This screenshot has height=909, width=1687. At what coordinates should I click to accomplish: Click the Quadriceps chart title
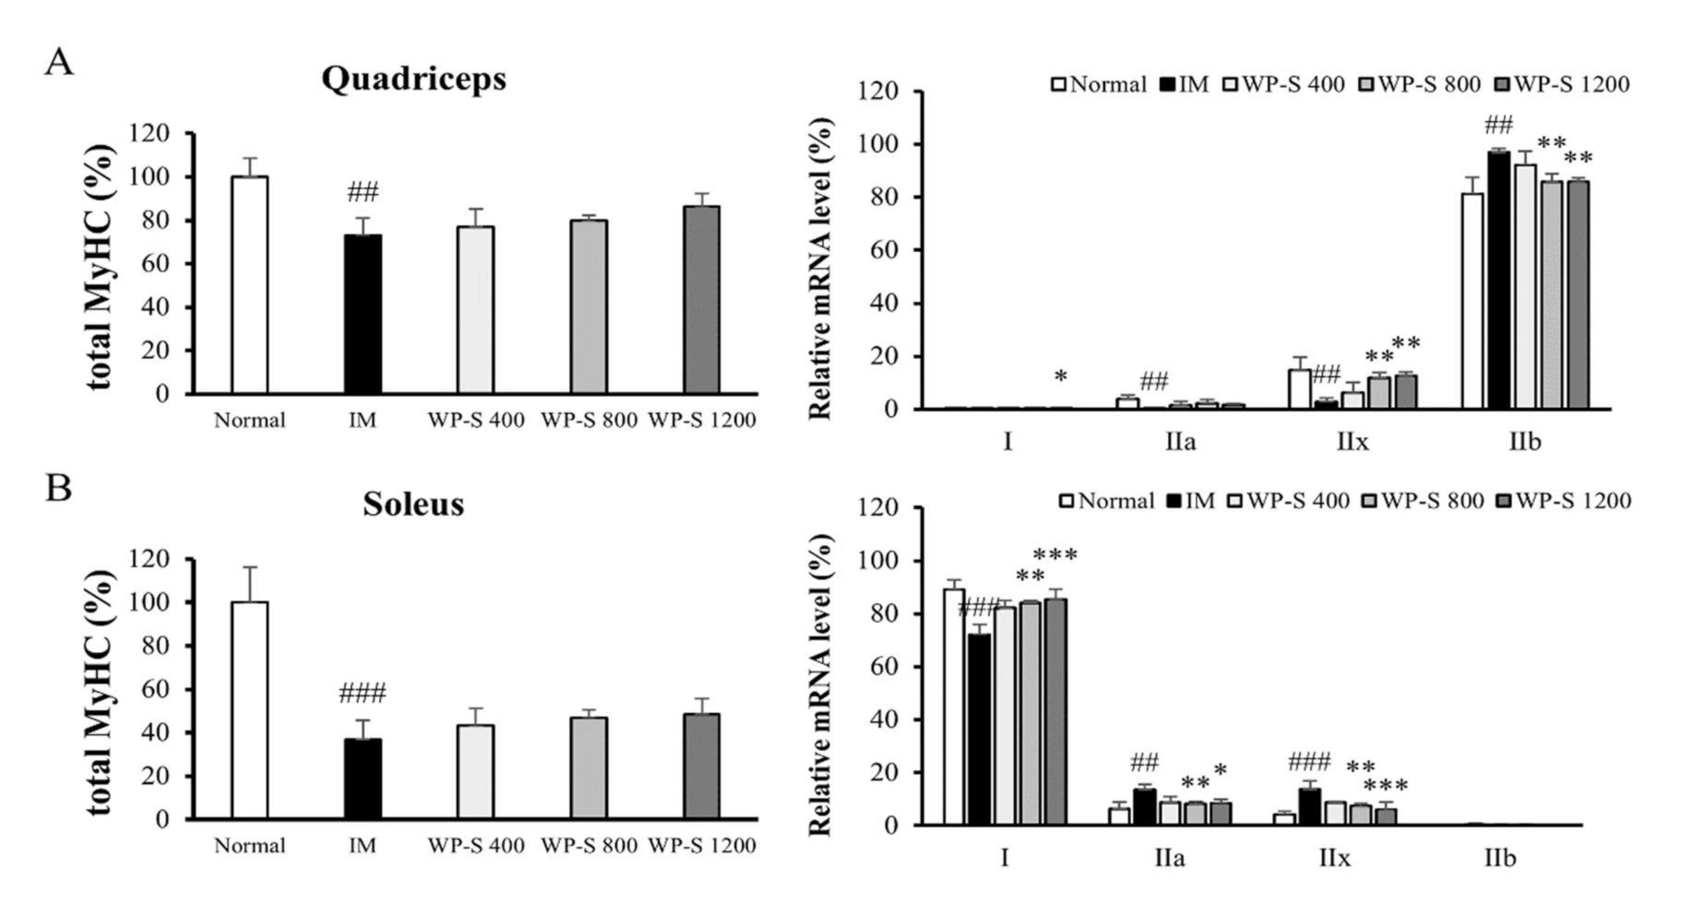coord(413,79)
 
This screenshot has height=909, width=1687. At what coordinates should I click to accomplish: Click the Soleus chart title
coord(413,504)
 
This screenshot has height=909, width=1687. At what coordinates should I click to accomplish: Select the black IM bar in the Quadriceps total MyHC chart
coord(363,315)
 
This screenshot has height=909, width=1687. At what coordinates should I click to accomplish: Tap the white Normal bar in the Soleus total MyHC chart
coord(250,710)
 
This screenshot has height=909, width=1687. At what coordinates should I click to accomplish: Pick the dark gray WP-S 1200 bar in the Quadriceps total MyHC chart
coord(702,300)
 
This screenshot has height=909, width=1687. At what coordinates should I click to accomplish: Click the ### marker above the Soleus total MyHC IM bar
coord(363,693)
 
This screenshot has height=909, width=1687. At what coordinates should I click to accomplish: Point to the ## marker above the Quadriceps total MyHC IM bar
coord(363,193)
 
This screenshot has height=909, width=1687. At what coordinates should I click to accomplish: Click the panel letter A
coord(59,64)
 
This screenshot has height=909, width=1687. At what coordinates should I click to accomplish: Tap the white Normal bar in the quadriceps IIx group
coord(1300,389)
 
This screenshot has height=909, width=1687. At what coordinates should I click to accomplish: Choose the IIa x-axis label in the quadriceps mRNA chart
coord(1180,442)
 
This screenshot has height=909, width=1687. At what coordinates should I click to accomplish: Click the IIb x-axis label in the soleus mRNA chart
coord(1500,858)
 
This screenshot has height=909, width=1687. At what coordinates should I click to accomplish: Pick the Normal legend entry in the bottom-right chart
coord(1107,501)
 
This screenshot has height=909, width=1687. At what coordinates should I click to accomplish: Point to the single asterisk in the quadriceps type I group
coord(1061,377)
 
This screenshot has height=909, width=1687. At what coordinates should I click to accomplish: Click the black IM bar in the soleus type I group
coord(980,729)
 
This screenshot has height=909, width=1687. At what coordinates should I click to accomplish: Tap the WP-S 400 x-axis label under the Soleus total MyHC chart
coord(476,845)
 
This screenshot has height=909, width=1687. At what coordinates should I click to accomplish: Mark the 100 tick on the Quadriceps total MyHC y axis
coord(150,177)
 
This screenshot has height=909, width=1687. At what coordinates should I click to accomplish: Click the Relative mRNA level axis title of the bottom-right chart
coord(820,685)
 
